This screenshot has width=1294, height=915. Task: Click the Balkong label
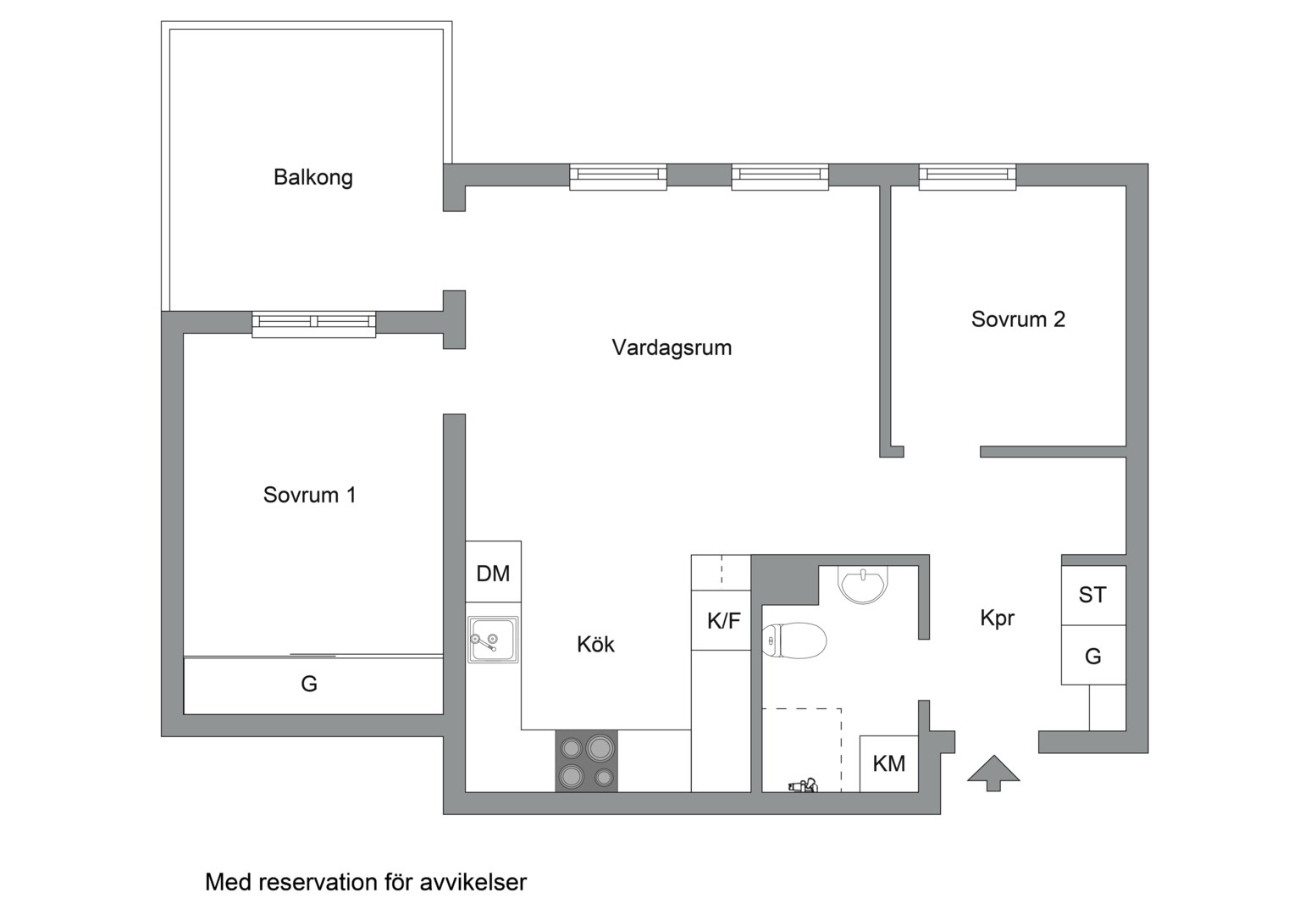coord(312,178)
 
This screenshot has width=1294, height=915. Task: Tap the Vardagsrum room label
coord(672,347)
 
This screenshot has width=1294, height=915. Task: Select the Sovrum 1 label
coord(309,495)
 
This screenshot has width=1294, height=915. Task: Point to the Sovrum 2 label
coord(1017,319)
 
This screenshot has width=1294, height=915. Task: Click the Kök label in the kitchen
coord(595,645)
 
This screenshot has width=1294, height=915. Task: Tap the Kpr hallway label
coord(997,618)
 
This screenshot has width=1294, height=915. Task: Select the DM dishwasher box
coord(493,573)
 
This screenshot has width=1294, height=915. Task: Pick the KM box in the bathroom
coord(888,763)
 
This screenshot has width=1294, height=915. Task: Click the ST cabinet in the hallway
coord(1092,596)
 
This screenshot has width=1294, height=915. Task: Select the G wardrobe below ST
coord(1092,656)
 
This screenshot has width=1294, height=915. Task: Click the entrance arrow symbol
coord(993,772)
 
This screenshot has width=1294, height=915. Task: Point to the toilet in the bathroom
coord(794,641)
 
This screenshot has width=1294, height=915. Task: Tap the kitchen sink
coord(492,640)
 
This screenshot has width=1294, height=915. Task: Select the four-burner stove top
coord(586,762)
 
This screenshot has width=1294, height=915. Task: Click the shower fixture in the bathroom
coord(801,785)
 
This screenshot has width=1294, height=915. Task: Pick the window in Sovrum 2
coord(967,175)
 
